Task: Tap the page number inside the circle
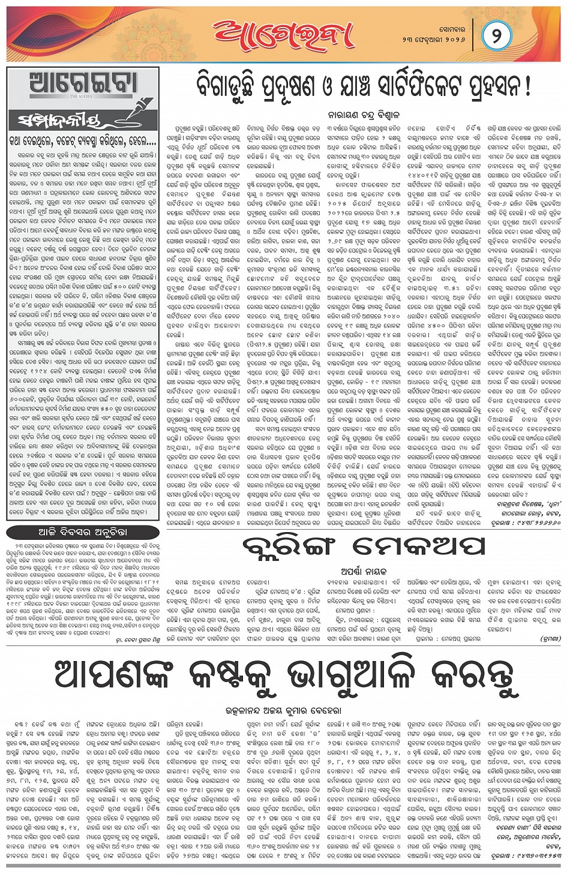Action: tap(496, 35)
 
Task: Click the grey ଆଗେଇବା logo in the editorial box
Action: tap(83, 84)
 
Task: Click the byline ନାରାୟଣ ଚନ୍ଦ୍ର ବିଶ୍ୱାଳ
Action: tap(362, 114)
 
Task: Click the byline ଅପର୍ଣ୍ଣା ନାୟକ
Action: tap(363, 571)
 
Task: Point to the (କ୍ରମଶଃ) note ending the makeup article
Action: tap(550, 639)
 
